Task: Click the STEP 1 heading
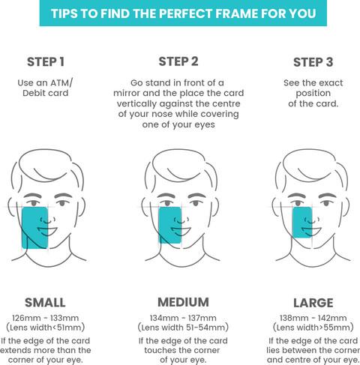(x=46, y=62)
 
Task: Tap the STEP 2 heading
(x=178, y=61)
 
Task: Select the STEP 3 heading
(x=313, y=62)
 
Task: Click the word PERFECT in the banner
(x=186, y=13)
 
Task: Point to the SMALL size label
(x=45, y=303)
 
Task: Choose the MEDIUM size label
(x=183, y=302)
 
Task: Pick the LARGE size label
(x=313, y=303)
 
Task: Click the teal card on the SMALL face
(x=34, y=228)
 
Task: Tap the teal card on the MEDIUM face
(x=170, y=225)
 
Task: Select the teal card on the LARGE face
(x=302, y=223)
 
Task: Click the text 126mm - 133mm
(x=45, y=318)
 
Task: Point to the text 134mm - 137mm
(x=183, y=318)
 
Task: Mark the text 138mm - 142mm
(x=313, y=318)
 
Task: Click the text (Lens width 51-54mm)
(x=183, y=328)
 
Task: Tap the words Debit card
(x=46, y=93)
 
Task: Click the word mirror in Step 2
(x=127, y=93)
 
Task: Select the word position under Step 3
(x=313, y=94)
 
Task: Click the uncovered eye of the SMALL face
(x=62, y=202)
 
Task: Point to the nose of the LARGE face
(x=312, y=220)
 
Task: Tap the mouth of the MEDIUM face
(x=181, y=231)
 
